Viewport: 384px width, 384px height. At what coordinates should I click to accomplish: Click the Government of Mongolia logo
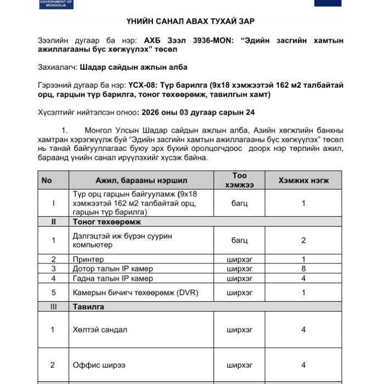57,3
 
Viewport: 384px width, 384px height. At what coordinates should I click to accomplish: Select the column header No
47,180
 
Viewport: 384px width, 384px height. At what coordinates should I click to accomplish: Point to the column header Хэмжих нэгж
303,180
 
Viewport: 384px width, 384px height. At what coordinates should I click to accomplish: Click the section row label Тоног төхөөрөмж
107,222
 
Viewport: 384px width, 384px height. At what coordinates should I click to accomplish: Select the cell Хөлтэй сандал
100,330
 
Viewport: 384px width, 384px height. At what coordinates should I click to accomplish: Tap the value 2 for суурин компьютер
303,240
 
